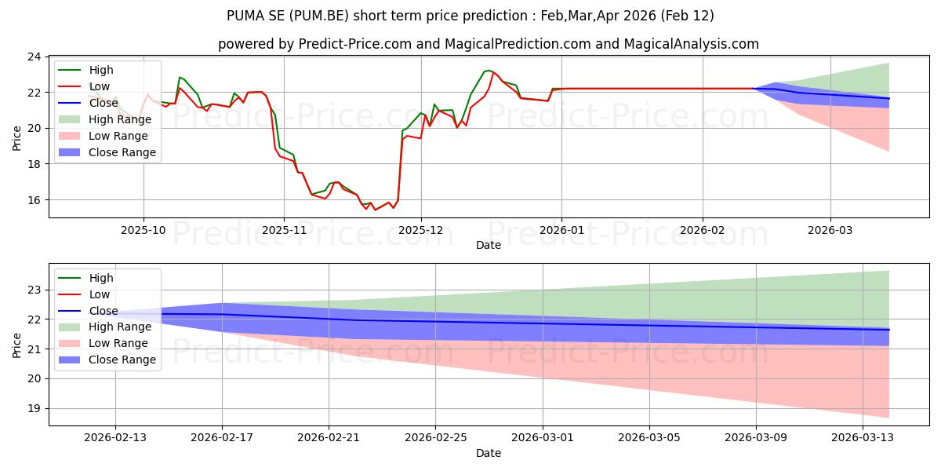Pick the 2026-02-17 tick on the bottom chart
[x=222, y=437]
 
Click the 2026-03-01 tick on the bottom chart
[x=543, y=437]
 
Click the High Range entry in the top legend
[x=122, y=119]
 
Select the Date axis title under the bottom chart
[x=489, y=453]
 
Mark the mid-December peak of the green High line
[x=489, y=70]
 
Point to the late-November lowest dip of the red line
[x=375, y=210]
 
